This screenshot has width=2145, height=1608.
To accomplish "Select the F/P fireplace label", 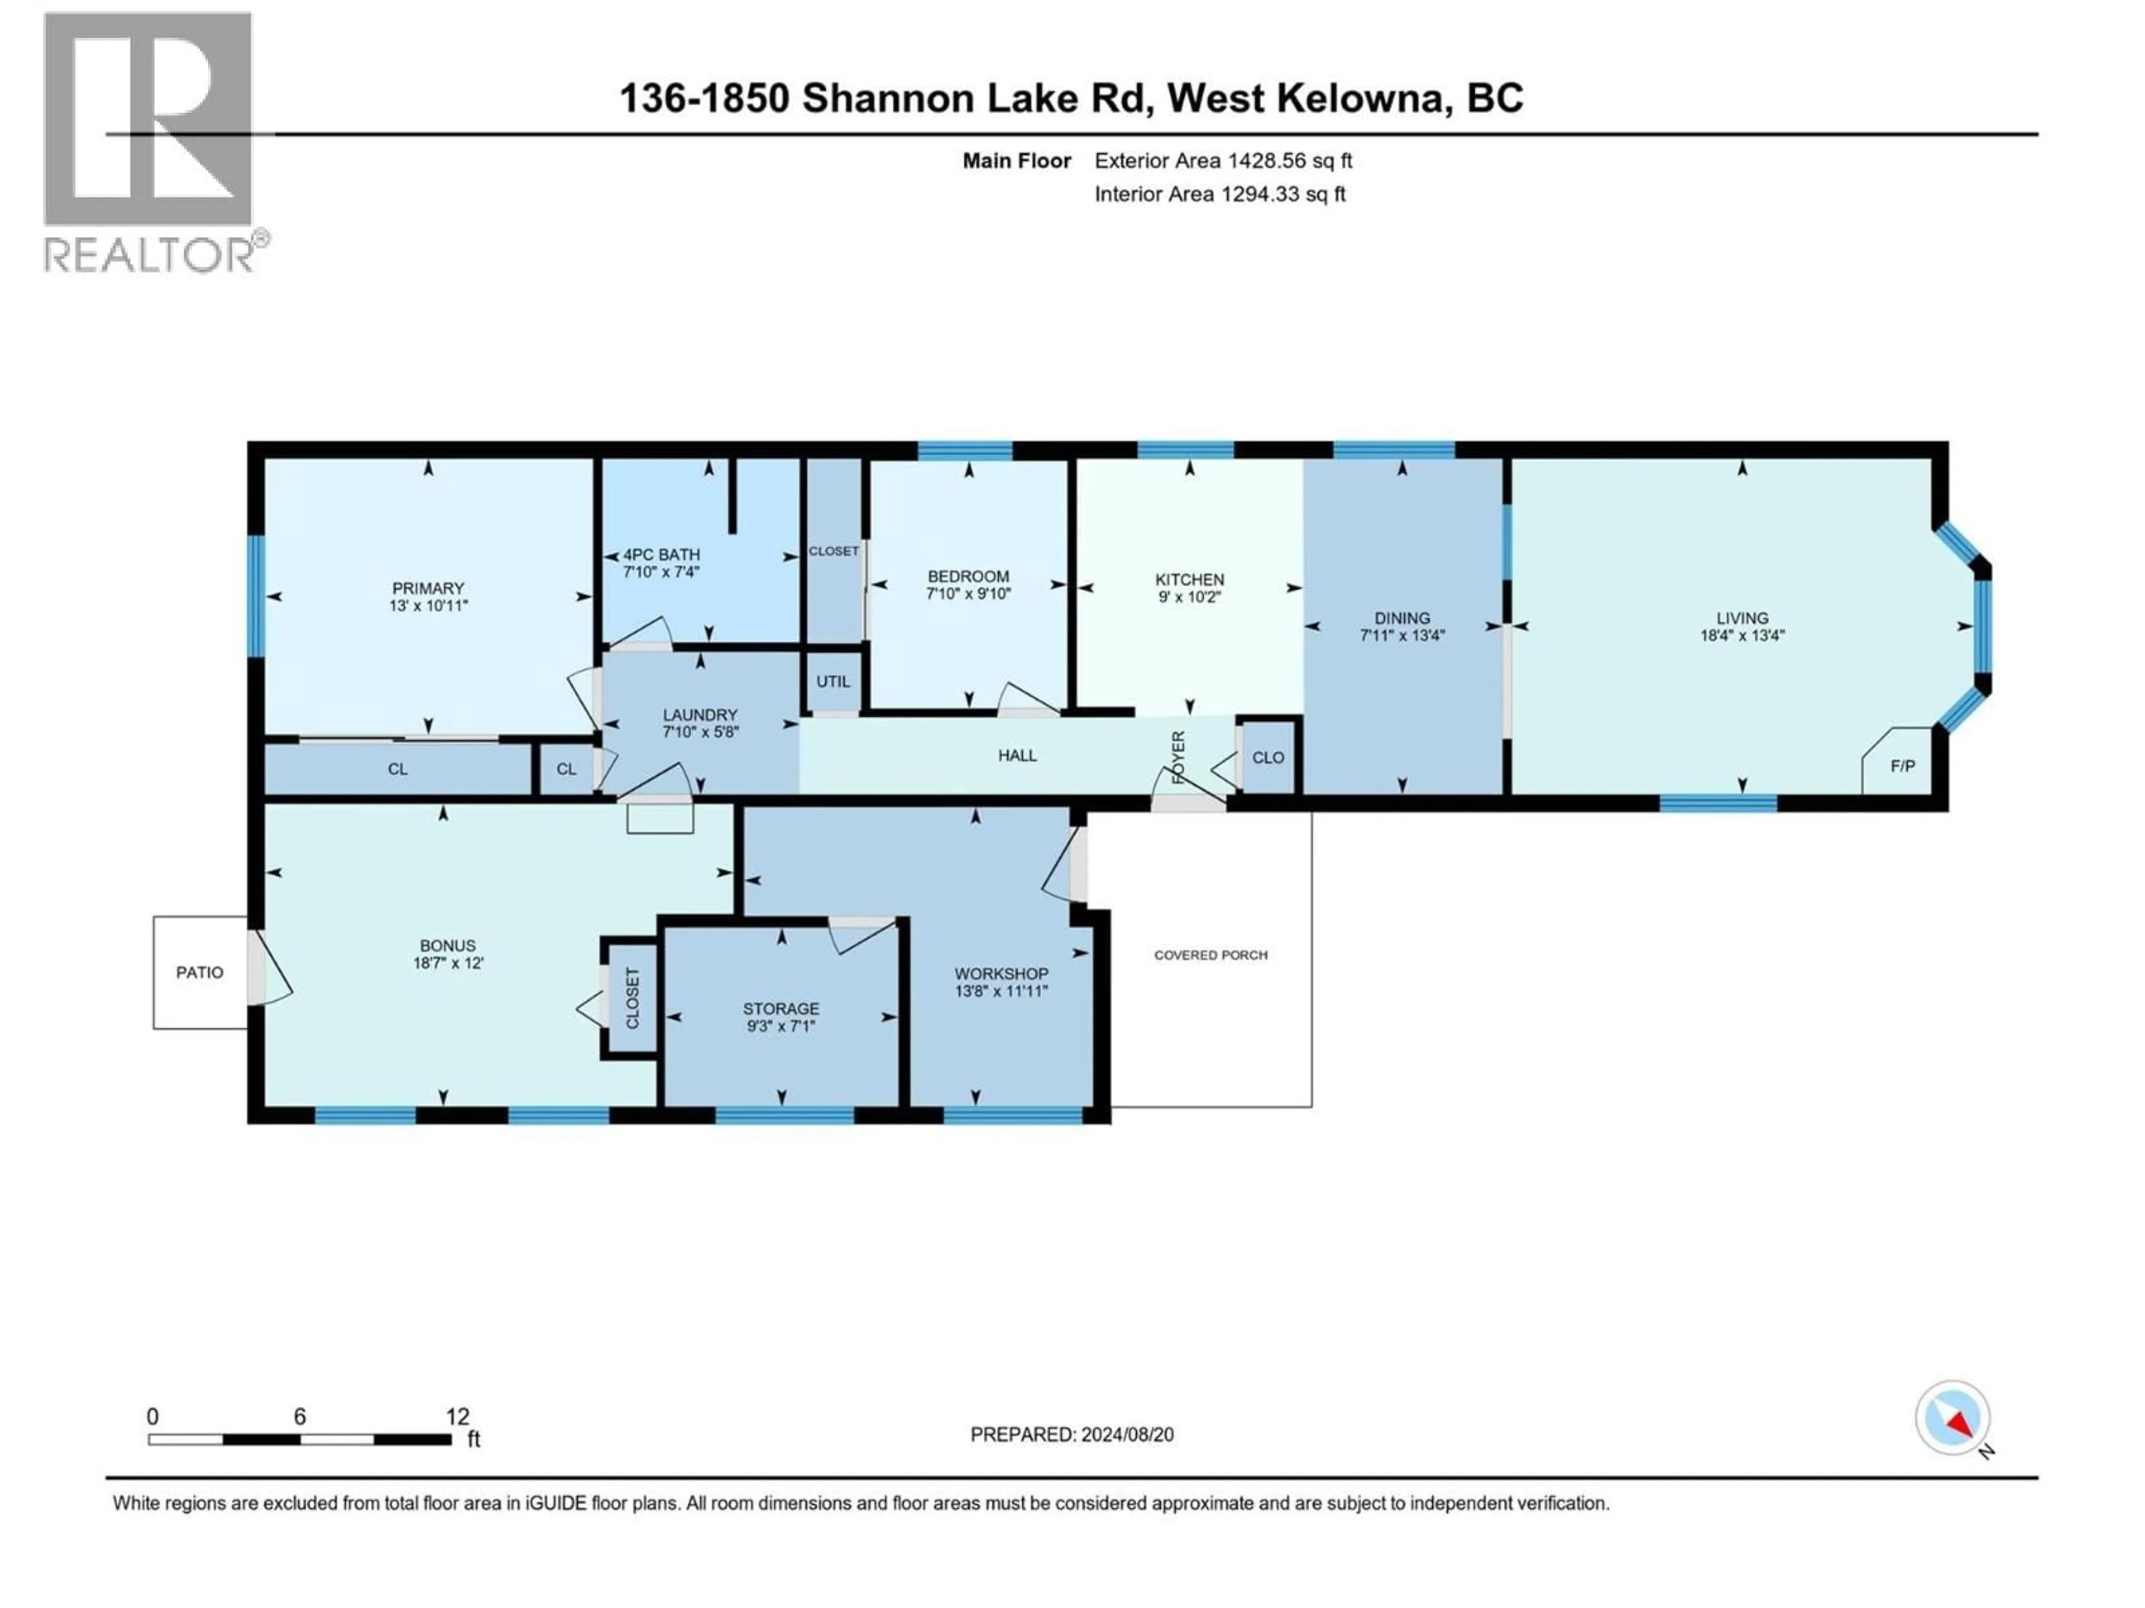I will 1903,765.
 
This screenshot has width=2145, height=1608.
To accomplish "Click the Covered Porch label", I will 1210,955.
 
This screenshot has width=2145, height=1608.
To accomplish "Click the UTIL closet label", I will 832,681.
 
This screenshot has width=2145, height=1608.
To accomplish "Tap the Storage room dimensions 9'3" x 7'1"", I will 780,1026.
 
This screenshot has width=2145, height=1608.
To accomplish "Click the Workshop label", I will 1001,973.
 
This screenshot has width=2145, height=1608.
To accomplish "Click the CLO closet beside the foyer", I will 1267,757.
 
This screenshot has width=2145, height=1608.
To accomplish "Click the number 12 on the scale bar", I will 457,1416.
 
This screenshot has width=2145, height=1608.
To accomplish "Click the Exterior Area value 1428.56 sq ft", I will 1290,161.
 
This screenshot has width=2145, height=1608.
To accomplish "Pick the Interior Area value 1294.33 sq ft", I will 1282,194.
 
